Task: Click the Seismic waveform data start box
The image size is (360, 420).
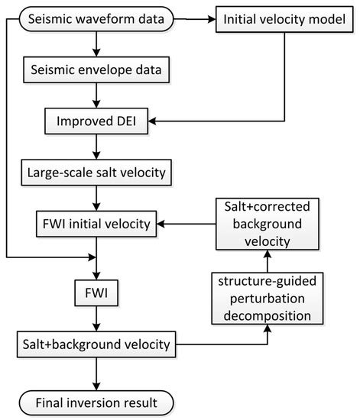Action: (x=95, y=20)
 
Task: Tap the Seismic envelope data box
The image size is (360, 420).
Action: (x=95, y=70)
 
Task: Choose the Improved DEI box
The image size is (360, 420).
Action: (x=95, y=121)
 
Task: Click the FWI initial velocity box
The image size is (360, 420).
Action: (x=95, y=225)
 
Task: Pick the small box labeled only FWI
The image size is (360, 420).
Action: (x=95, y=291)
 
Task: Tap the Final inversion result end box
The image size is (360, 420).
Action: (x=95, y=399)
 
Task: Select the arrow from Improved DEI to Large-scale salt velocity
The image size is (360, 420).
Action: (x=95, y=147)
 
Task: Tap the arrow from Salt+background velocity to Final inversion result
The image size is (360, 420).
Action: (x=95, y=373)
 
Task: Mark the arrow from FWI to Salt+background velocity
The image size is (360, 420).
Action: (x=95, y=318)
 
